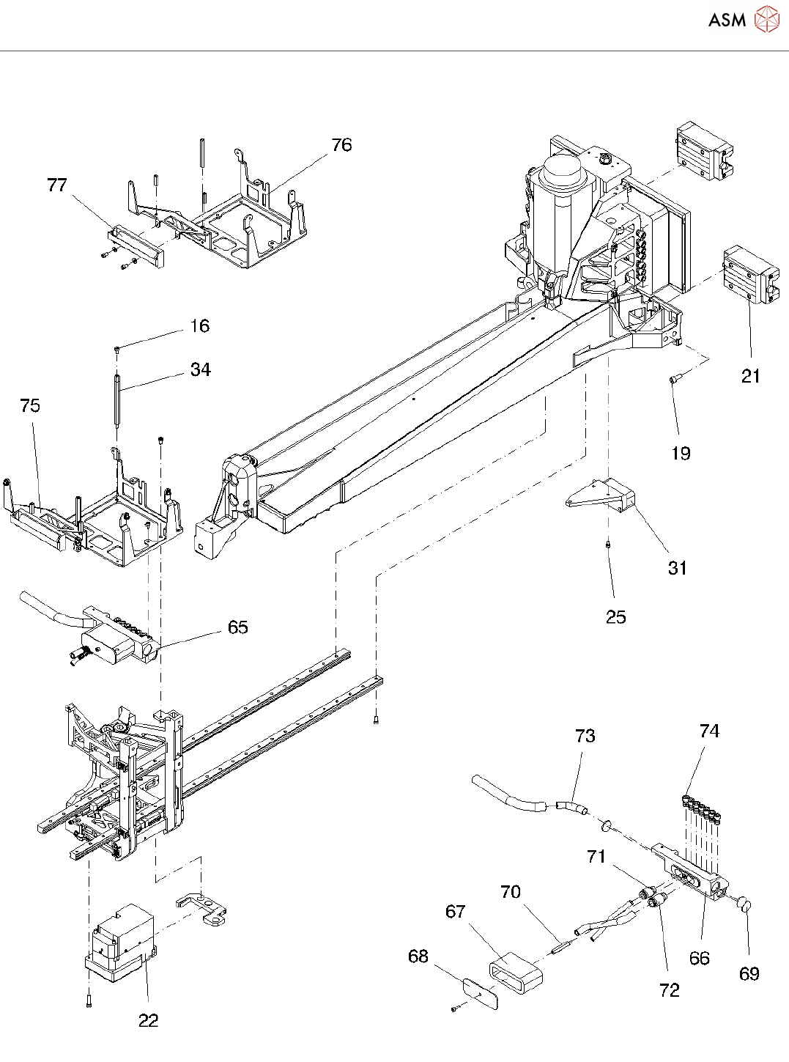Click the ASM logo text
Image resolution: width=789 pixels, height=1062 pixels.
click(727, 20)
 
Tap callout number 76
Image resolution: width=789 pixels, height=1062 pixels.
click(341, 145)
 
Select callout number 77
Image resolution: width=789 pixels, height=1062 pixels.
click(57, 185)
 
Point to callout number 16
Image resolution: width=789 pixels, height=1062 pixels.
click(200, 326)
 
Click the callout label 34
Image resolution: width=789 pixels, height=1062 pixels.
click(200, 370)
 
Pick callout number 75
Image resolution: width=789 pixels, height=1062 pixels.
click(30, 406)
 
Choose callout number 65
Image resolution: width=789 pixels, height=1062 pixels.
click(238, 627)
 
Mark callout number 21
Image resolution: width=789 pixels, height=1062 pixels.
click(751, 377)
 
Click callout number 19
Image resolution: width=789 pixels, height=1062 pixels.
click(681, 454)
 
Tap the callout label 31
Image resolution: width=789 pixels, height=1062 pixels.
click(678, 568)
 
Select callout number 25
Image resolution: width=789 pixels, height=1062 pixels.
click(616, 617)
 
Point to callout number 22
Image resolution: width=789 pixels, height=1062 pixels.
click(149, 1021)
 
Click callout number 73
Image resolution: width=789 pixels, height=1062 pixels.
click(585, 737)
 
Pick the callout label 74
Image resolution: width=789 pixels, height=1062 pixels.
click(709, 731)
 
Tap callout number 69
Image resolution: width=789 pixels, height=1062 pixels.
click(749, 974)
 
